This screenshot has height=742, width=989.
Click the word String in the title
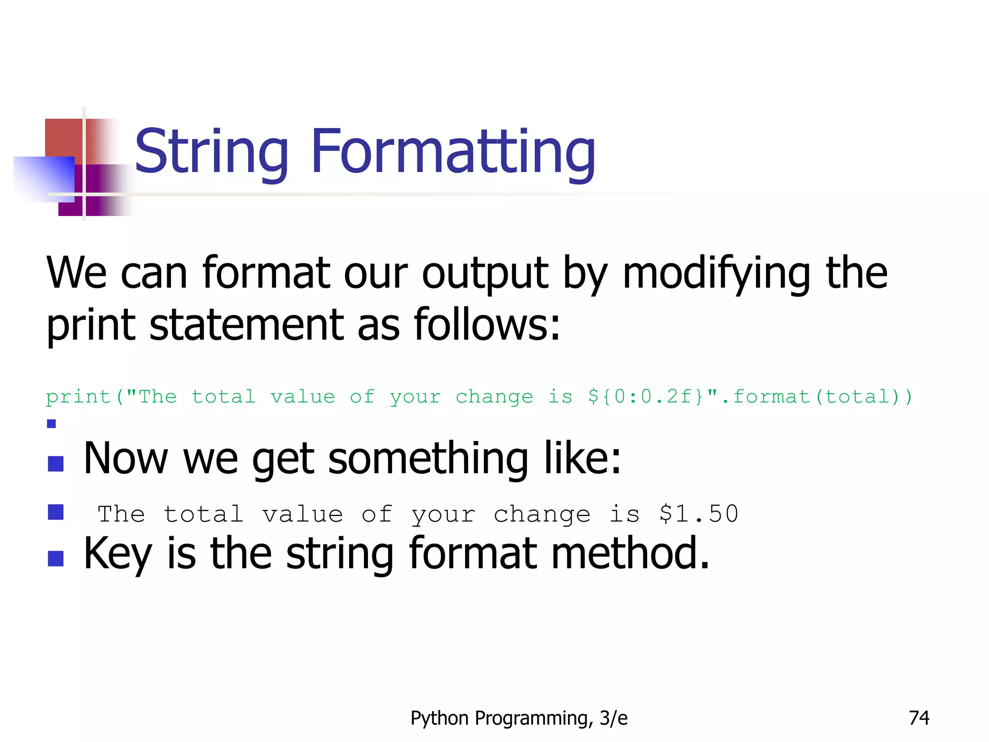point(212,152)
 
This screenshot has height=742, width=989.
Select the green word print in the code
point(78,397)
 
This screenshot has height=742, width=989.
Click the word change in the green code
point(494,397)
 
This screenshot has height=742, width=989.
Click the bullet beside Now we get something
point(56,464)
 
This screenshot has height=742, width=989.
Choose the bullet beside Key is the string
point(56,558)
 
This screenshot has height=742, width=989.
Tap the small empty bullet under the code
point(52,424)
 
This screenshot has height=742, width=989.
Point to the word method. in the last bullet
point(630,553)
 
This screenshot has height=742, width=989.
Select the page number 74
point(919,718)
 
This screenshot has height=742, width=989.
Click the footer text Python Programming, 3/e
point(519,718)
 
